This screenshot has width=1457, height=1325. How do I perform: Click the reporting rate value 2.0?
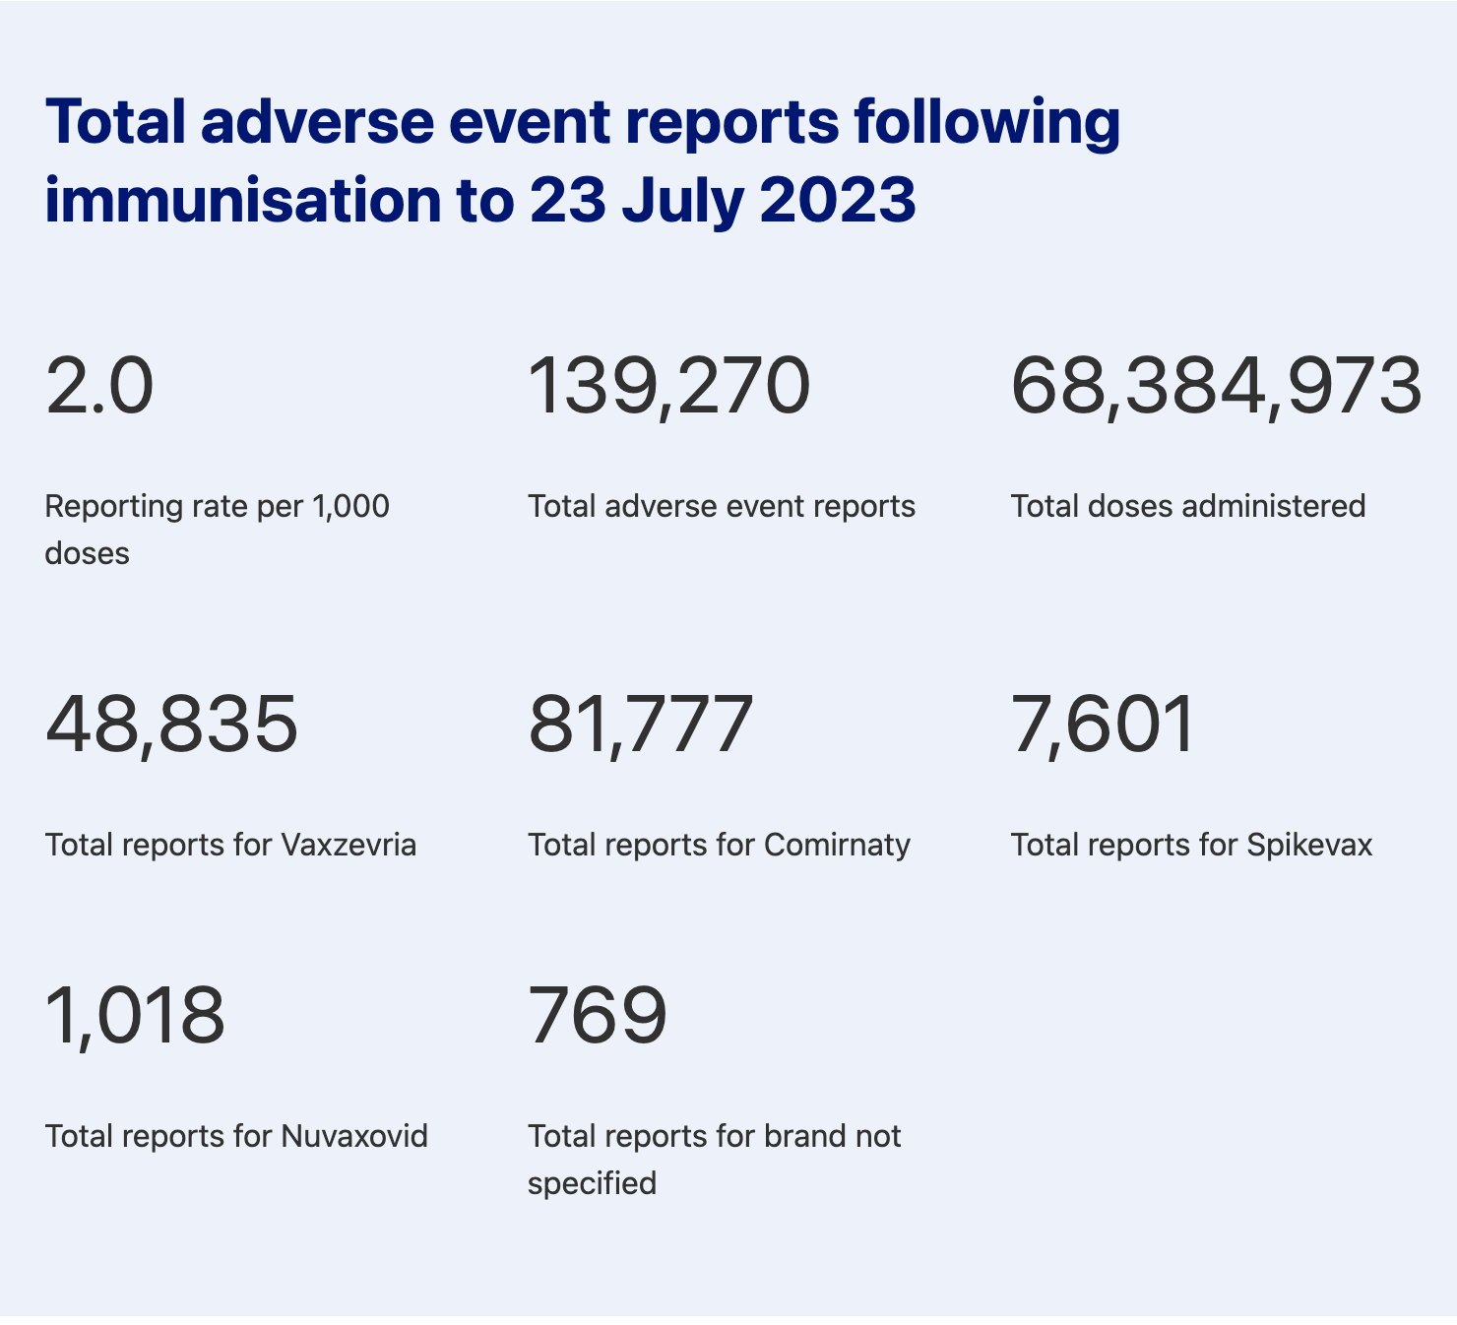point(99,386)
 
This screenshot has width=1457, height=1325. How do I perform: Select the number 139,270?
point(669,386)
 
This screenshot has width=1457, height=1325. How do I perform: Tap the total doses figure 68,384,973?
point(1216,386)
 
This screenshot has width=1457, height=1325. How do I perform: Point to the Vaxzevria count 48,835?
point(171,725)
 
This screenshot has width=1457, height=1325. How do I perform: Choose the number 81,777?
point(641,725)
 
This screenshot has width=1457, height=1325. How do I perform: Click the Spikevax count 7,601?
point(1103,725)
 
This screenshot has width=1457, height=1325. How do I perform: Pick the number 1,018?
point(135,1016)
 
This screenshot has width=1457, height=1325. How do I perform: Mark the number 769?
point(598,1016)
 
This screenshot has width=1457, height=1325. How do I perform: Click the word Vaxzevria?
point(348,845)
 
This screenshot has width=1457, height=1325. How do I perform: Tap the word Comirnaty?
point(837,845)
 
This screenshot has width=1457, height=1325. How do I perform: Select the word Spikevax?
point(1308,845)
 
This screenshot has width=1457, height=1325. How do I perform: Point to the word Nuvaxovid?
point(354,1136)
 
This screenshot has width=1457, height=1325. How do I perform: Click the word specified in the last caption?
point(592,1183)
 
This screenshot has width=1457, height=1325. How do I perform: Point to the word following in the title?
point(986,122)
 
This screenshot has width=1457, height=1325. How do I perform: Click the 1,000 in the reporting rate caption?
point(350,506)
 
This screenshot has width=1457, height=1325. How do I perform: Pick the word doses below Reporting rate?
point(87,553)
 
